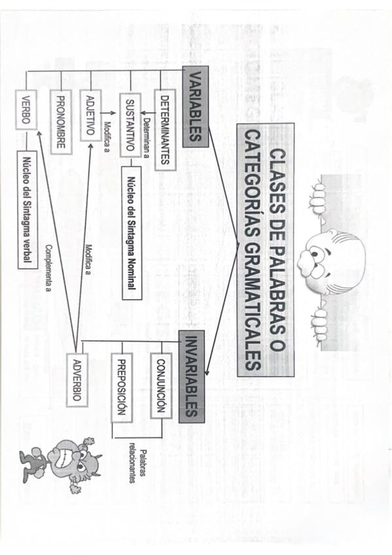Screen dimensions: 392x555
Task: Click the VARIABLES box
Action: pos(196,107)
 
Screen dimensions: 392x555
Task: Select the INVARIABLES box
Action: pos(191,376)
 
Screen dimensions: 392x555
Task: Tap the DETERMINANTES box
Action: pos(165,130)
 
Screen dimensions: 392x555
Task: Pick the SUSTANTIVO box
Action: pos(130,125)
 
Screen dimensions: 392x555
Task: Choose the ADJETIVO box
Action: pos(90,115)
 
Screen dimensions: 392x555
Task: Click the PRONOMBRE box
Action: pos(61,122)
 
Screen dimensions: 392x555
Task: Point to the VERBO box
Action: pos(26,110)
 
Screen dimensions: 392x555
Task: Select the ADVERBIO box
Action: pos(77,380)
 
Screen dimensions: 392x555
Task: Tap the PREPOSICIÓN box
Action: pos(122,387)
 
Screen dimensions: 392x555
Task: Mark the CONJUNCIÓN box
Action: pos(162,385)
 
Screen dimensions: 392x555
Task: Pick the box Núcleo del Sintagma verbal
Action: pos(27,210)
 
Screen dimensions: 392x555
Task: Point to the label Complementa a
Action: pos(49,268)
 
